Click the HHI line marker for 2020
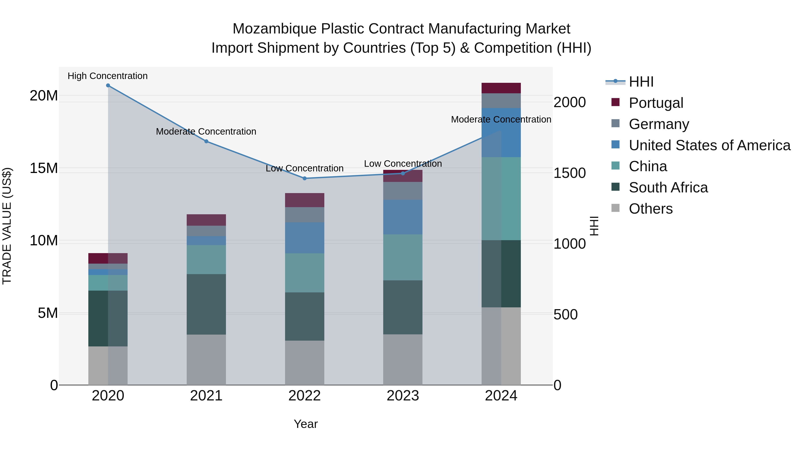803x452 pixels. pos(108,85)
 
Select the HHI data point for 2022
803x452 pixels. pos(304,178)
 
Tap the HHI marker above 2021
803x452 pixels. pos(206,141)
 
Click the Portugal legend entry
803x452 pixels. pos(656,103)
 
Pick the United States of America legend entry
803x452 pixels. pos(709,145)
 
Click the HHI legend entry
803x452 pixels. pos(641,82)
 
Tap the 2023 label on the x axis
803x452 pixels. pos(403,396)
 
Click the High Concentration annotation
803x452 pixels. pos(108,76)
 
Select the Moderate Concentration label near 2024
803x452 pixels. pos(501,119)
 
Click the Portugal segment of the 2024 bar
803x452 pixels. pos(501,88)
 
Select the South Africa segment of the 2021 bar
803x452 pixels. pos(206,304)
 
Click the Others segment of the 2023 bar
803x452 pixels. pos(403,359)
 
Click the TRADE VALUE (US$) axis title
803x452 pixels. pos(7,226)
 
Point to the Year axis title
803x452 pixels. pos(306,424)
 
